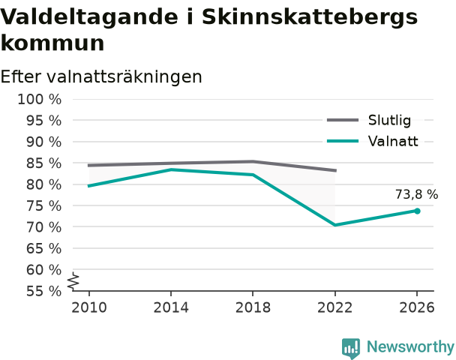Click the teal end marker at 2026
pos(417,211)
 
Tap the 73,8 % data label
pos(416,194)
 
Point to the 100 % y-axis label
pos(40,100)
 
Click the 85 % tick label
pos(44,163)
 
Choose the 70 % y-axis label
pos(44,227)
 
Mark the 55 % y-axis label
pos(44,291)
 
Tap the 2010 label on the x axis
pos(89,307)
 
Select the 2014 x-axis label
pos(171,307)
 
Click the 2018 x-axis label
pos(253,307)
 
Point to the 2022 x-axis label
pos(335,307)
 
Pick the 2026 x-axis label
pos(417,307)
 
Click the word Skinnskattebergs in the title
pos(310,17)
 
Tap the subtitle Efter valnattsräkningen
pos(101,76)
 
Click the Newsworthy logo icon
pos(351,348)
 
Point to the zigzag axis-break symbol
pos(73,281)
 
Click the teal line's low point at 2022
pos(335,225)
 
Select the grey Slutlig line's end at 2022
pos(336,170)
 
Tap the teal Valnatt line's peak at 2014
pos(171,169)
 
